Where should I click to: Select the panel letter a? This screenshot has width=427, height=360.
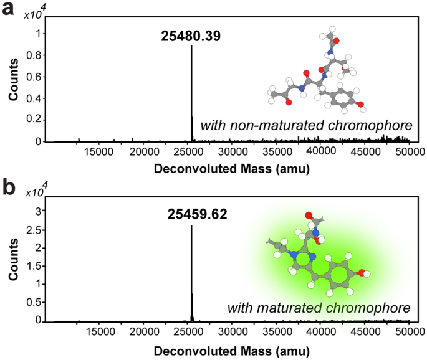[x=9, y=12]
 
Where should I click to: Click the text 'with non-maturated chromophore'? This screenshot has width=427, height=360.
[x=306, y=126]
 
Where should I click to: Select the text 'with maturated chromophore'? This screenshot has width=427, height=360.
[x=319, y=308]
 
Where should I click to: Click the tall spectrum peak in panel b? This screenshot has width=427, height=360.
[x=191, y=274]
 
